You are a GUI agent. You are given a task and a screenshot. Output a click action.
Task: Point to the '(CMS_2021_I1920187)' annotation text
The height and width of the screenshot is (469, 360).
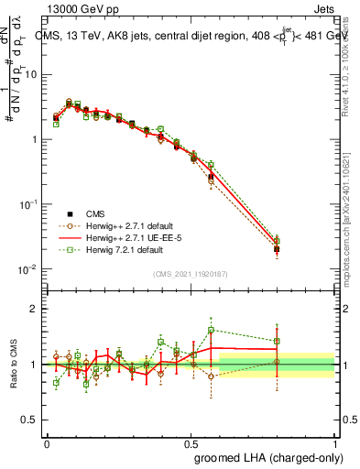coord(191,274)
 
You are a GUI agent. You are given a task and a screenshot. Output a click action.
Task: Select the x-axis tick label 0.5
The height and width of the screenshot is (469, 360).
coord(191,442)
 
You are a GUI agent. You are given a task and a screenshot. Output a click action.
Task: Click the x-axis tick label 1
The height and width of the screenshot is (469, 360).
coord(334,442)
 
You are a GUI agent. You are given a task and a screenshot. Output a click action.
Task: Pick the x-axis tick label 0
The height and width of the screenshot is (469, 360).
coord(47,442)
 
